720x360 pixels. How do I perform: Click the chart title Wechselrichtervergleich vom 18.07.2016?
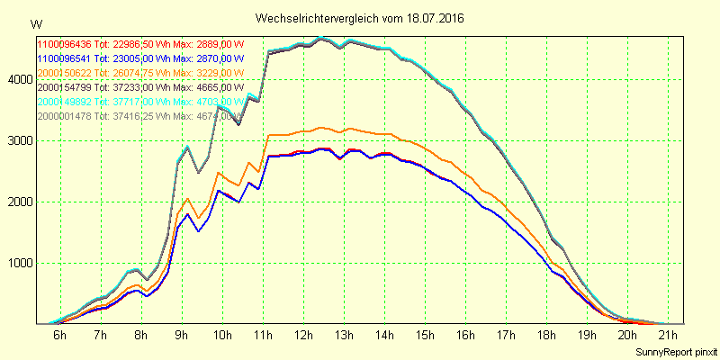[360, 18]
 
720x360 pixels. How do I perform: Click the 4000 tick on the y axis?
[19, 79]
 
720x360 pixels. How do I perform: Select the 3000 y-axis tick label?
[19, 140]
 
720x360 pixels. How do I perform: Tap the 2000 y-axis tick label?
[19, 202]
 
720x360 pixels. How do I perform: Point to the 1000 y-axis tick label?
[19, 264]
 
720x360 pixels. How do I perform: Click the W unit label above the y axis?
[35, 23]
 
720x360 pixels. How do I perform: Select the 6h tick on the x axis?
[59, 336]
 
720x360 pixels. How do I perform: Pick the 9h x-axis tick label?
[183, 336]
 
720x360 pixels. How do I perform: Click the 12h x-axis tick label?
[304, 336]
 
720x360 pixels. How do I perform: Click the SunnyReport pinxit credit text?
[674, 350]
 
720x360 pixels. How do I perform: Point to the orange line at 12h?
[303, 131]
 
